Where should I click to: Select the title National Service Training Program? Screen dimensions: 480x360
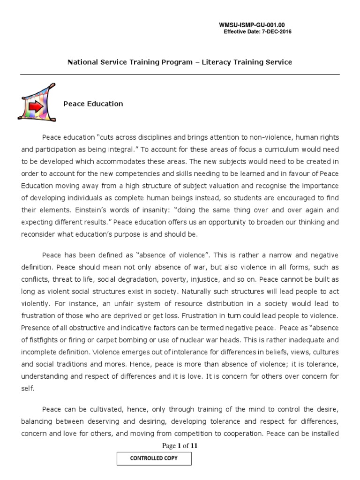128,62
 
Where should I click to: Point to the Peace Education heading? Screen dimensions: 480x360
93,104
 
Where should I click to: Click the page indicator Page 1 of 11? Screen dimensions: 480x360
180,446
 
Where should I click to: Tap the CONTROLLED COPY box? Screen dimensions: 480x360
154,458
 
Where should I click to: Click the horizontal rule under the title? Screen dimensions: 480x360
180,75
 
